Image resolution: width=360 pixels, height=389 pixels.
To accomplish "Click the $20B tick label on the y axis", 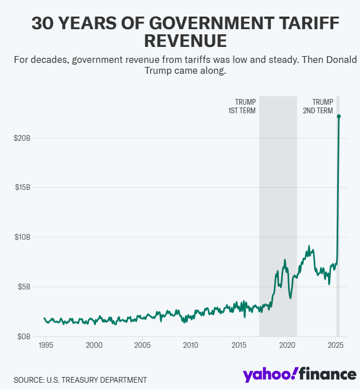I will [x=23, y=138].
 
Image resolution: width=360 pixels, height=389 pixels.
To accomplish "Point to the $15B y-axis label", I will [x=23, y=187].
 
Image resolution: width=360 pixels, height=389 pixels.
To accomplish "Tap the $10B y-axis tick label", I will [x=23, y=237].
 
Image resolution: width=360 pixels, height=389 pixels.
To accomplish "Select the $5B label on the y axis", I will [x=25, y=286].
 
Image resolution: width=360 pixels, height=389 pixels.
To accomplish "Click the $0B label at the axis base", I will [x=25, y=336].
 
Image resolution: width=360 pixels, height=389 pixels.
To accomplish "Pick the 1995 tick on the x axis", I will [x=46, y=346].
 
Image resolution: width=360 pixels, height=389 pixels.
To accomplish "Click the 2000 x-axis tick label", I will [x=94, y=346].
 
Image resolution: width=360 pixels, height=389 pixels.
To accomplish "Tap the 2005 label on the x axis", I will [x=142, y=346].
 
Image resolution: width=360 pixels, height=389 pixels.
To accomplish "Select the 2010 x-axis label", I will [x=190, y=346].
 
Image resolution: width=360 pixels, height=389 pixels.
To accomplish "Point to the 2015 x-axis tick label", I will [x=239, y=346].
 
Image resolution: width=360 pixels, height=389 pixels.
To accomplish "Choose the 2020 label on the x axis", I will [x=287, y=346].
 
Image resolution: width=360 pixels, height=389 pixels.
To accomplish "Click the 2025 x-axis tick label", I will [x=335, y=346].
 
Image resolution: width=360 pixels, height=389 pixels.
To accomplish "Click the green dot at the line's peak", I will [x=339, y=116].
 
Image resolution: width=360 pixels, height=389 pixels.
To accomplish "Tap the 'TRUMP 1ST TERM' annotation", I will [x=242, y=106].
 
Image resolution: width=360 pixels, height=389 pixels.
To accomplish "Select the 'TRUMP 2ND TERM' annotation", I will [x=318, y=106].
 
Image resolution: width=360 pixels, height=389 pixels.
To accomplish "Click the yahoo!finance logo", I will [x=299, y=374].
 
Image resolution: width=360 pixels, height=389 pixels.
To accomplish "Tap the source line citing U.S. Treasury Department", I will [x=81, y=380].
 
